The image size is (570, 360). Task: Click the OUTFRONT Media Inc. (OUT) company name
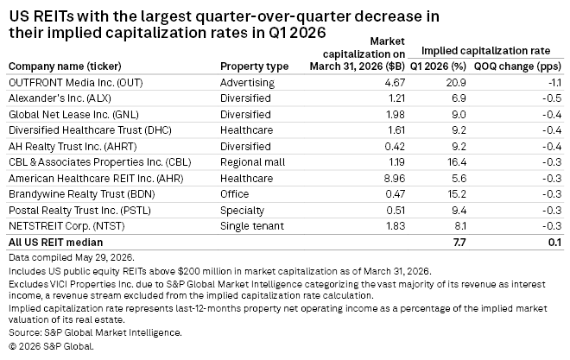(76, 83)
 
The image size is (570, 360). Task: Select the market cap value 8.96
(395, 179)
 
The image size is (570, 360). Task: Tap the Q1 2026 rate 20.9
(456, 83)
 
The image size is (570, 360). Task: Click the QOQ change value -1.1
(554, 83)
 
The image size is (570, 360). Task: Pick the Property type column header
(255, 66)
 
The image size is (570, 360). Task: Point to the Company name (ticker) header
(65, 66)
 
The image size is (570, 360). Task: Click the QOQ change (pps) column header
(517, 66)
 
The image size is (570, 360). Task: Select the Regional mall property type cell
(253, 162)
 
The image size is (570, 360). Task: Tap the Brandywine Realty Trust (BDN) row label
(82, 194)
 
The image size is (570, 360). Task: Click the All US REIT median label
(55, 243)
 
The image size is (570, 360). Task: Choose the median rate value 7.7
(459, 243)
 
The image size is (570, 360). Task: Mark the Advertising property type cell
(247, 83)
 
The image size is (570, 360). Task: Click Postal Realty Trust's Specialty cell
(242, 211)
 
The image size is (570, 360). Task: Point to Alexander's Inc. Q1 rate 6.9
(459, 98)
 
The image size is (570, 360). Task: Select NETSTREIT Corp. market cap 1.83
(396, 226)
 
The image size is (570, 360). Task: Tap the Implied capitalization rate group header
(485, 51)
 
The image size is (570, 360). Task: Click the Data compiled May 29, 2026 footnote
(72, 258)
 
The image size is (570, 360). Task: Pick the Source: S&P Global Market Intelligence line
(95, 332)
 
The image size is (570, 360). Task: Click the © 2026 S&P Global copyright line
(51, 346)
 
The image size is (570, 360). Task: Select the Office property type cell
(234, 194)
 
